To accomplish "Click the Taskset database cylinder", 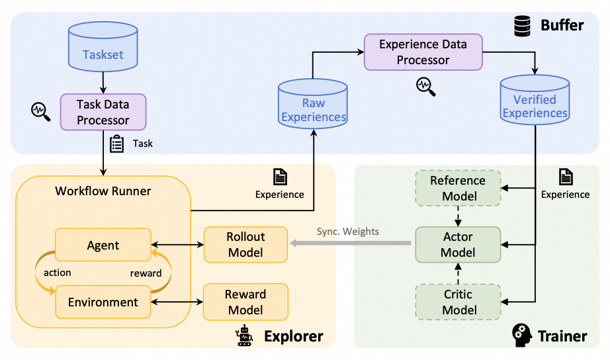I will point(103,50).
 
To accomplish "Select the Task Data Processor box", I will point(103,112).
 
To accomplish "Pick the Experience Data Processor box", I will point(423,52).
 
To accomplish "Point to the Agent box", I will point(103,245).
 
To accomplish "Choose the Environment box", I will point(103,302).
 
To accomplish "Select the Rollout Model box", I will point(245,244).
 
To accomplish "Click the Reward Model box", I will point(245,301).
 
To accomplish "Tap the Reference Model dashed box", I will point(458,188).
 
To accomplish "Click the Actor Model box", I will point(458,244).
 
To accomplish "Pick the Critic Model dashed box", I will point(458,301).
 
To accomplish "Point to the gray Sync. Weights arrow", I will point(351,244).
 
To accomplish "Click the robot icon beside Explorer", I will point(245,336).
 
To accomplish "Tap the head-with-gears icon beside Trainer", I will point(523,336).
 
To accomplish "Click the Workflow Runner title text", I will point(103,191).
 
